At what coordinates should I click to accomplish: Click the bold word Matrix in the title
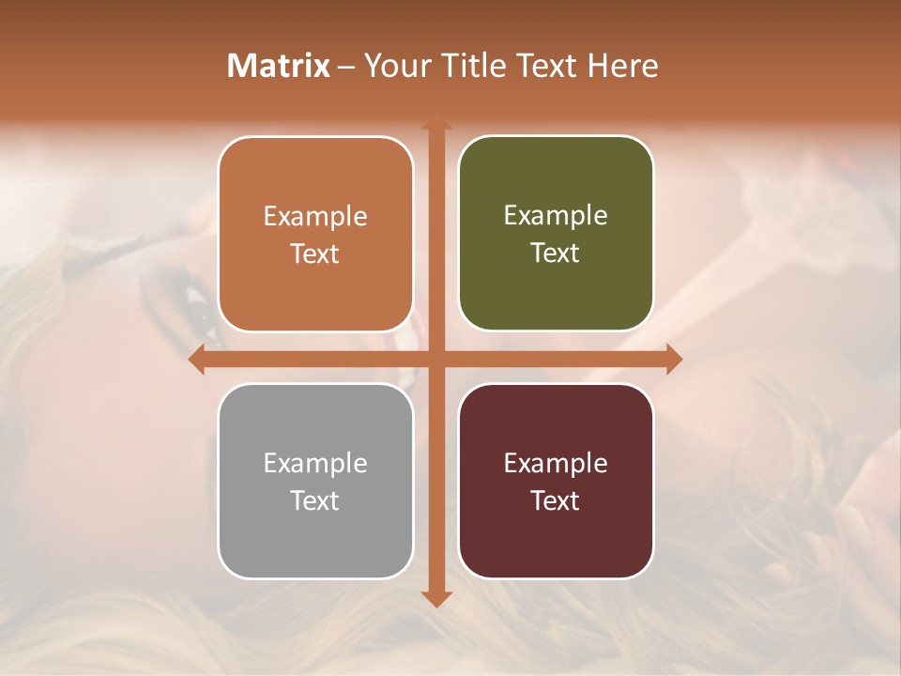pos(279,66)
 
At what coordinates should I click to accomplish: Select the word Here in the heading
pos(623,66)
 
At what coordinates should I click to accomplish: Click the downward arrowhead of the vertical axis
pos(435,598)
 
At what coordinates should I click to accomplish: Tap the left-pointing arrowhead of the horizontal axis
pos(197,359)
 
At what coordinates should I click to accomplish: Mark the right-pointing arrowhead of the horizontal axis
pos(673,359)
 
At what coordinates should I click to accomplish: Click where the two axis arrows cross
pos(435,359)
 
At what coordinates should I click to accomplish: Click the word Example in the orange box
pos(315,217)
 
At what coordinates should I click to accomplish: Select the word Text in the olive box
pos(556,253)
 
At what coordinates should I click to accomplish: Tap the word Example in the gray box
pos(315,464)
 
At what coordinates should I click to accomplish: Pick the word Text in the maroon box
pos(556,501)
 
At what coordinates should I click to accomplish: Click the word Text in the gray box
pos(315,501)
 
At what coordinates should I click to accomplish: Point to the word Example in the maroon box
pos(556,464)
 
